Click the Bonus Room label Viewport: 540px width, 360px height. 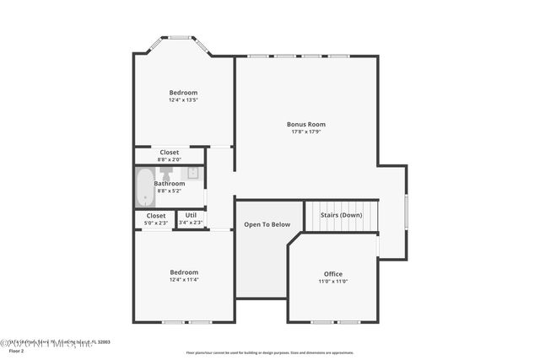305,124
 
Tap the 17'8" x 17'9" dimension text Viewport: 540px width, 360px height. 305,132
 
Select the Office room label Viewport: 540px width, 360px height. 333,274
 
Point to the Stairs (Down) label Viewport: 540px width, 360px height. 341,214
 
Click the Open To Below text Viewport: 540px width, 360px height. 267,224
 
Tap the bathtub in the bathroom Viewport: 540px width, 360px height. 145,187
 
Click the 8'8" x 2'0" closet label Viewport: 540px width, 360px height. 169,159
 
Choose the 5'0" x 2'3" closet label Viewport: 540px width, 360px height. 156,223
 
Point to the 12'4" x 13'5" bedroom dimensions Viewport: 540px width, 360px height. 183,100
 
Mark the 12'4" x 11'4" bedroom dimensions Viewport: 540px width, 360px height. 183,280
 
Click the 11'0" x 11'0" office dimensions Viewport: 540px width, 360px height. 333,282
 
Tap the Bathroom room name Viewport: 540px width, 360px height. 169,183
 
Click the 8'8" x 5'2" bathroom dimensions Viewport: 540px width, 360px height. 169,191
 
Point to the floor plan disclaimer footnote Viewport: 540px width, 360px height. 269,352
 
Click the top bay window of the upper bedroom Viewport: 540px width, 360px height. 180,37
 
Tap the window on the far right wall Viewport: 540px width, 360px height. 406,212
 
